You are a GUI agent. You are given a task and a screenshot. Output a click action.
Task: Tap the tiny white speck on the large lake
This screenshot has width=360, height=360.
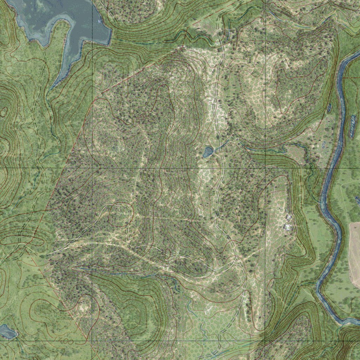[x=99, y=21]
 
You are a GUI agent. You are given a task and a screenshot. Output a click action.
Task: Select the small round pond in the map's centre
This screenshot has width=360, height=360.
[x=208, y=152]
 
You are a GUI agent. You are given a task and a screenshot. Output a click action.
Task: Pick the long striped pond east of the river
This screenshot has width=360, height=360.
[x=352, y=126]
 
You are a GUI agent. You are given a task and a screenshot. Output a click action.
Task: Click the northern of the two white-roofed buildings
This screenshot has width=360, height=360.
[x=288, y=217]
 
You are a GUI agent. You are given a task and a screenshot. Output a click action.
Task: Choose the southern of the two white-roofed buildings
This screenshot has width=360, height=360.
[x=287, y=227]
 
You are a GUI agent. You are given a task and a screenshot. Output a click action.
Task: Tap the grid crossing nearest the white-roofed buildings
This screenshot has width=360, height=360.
[x=265, y=168]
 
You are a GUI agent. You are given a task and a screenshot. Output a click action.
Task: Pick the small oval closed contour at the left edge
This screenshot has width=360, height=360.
[x=4, y=112]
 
